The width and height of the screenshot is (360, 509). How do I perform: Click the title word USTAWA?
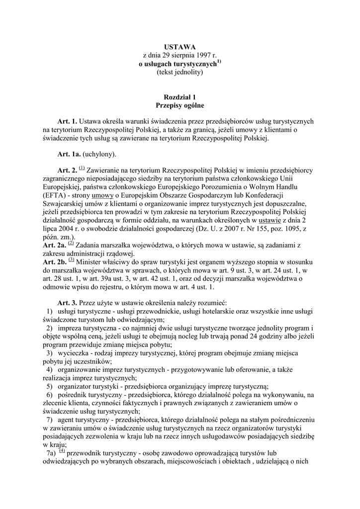coord(180,47)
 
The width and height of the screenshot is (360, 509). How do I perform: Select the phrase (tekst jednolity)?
coord(180,73)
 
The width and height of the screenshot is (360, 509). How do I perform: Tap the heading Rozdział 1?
coord(180,97)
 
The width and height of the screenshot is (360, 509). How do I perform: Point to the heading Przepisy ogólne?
coord(180,106)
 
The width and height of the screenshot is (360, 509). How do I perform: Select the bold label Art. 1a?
coord(69,154)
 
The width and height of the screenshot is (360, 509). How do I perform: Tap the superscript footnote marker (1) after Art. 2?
coord(82,169)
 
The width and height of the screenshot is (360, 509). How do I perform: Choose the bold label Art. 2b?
coord(54,260)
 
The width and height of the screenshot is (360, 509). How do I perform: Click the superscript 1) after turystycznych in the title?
coord(219,62)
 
